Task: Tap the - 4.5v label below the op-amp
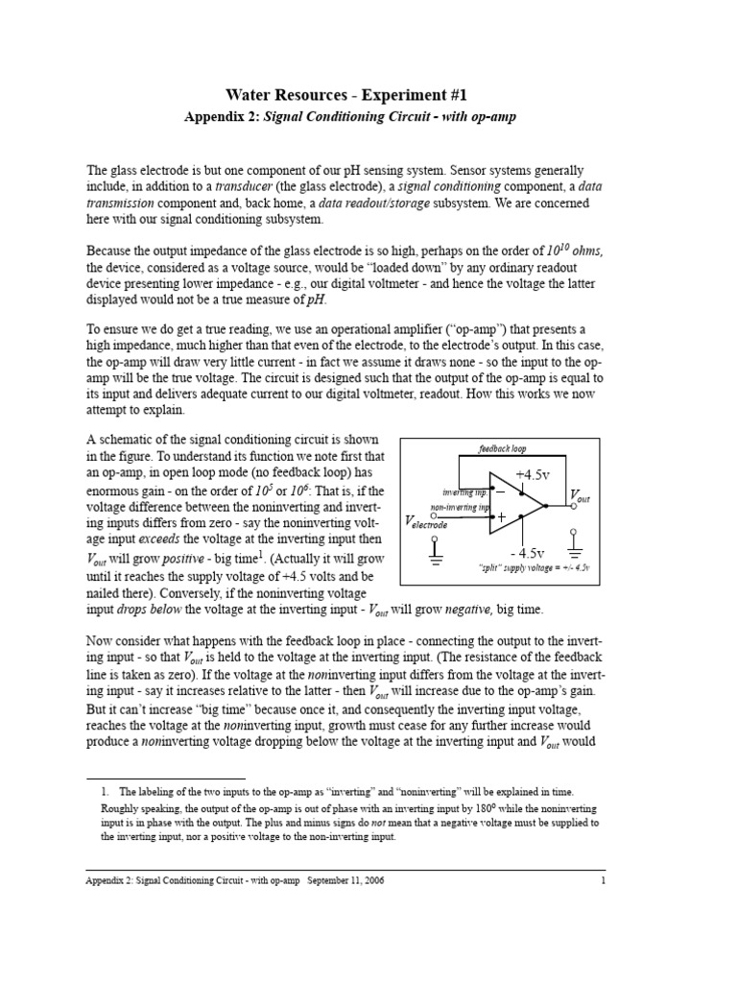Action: point(528,554)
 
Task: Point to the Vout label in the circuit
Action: point(580,495)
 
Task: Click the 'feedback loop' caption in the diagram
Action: point(503,448)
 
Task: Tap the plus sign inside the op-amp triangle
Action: point(500,516)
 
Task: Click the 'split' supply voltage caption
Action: point(534,569)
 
